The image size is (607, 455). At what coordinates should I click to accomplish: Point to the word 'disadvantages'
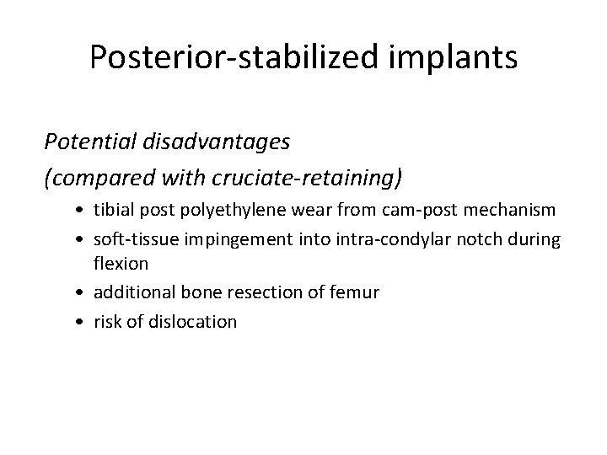point(218,142)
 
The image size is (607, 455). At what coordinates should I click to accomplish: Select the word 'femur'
point(357,292)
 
